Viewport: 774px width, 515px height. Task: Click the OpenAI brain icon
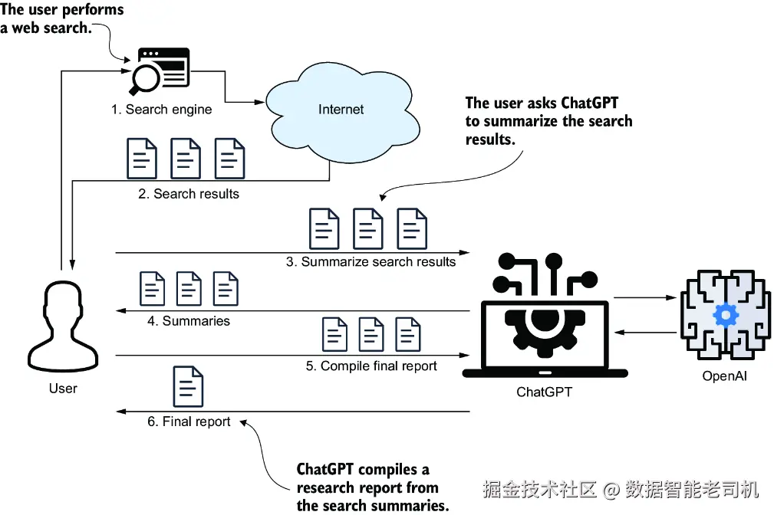725,314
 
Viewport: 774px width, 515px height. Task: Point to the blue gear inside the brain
725,315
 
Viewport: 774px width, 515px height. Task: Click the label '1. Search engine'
161,110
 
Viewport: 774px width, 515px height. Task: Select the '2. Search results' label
189,194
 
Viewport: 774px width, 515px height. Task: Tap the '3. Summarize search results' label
371,261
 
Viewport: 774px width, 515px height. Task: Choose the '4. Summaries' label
189,321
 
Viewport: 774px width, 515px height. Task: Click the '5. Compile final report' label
371,366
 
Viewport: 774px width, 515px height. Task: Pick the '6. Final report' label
189,422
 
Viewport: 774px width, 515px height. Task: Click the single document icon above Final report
189,386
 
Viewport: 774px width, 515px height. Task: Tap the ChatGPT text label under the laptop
544,392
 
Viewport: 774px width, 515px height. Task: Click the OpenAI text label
724,376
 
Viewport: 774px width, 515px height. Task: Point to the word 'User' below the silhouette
63,389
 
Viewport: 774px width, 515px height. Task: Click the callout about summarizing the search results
548,121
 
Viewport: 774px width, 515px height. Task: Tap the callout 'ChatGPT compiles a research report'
373,487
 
